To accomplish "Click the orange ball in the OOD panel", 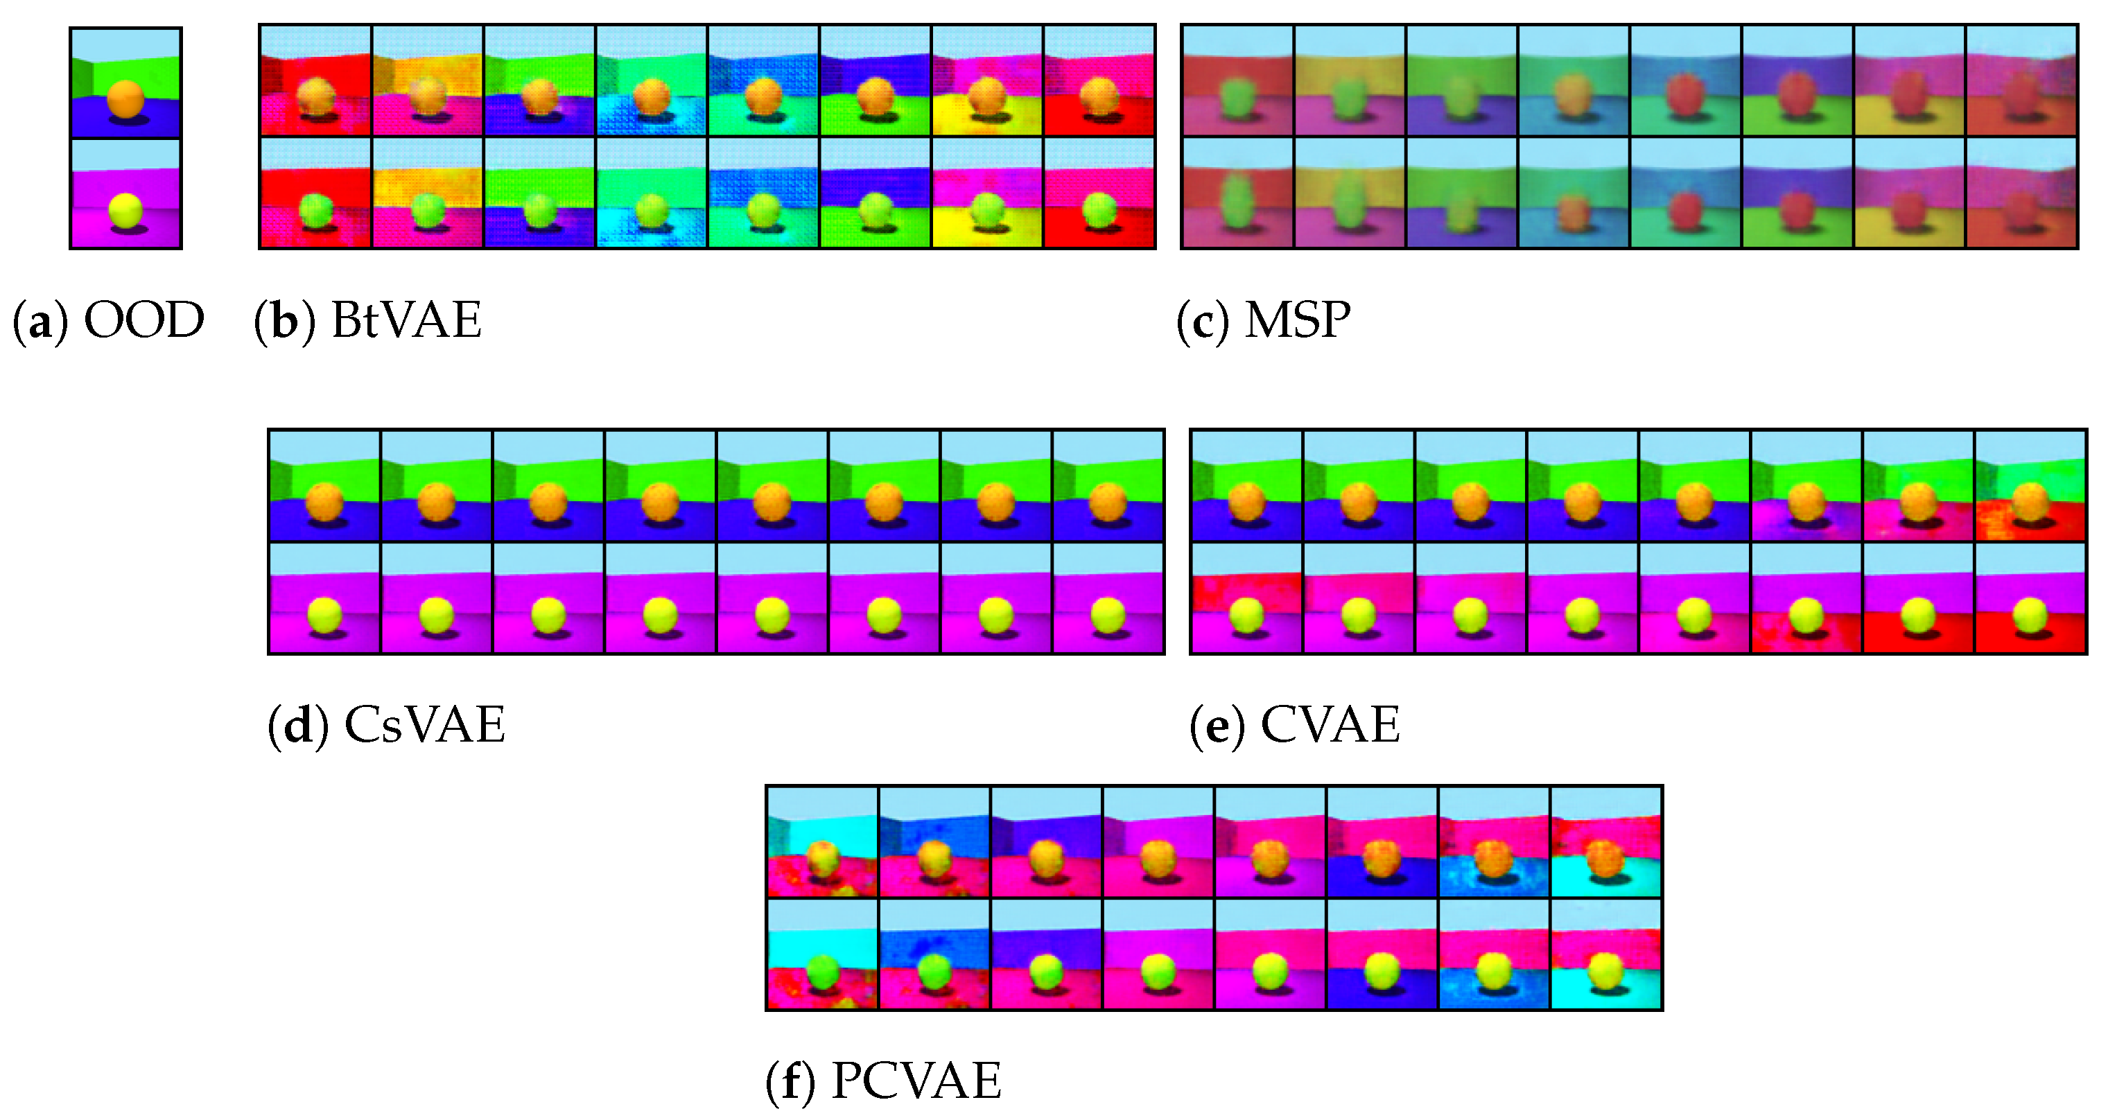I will [x=125, y=99].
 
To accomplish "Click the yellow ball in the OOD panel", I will [x=125, y=210].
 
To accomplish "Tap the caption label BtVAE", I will [x=406, y=320].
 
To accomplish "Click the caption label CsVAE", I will [x=424, y=724].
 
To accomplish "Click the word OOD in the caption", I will [x=144, y=320].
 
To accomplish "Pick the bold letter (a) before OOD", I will [x=38, y=320].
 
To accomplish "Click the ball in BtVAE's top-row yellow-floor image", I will [x=987, y=96].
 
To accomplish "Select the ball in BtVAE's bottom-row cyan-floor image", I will [x=652, y=210].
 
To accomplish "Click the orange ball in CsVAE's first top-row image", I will [x=324, y=501].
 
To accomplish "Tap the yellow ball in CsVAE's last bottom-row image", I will [x=1108, y=615].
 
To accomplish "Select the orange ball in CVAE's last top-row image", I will [x=2030, y=501].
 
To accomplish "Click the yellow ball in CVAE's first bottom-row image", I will [x=1246, y=615].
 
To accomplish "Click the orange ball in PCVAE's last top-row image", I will [x=1605, y=859].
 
